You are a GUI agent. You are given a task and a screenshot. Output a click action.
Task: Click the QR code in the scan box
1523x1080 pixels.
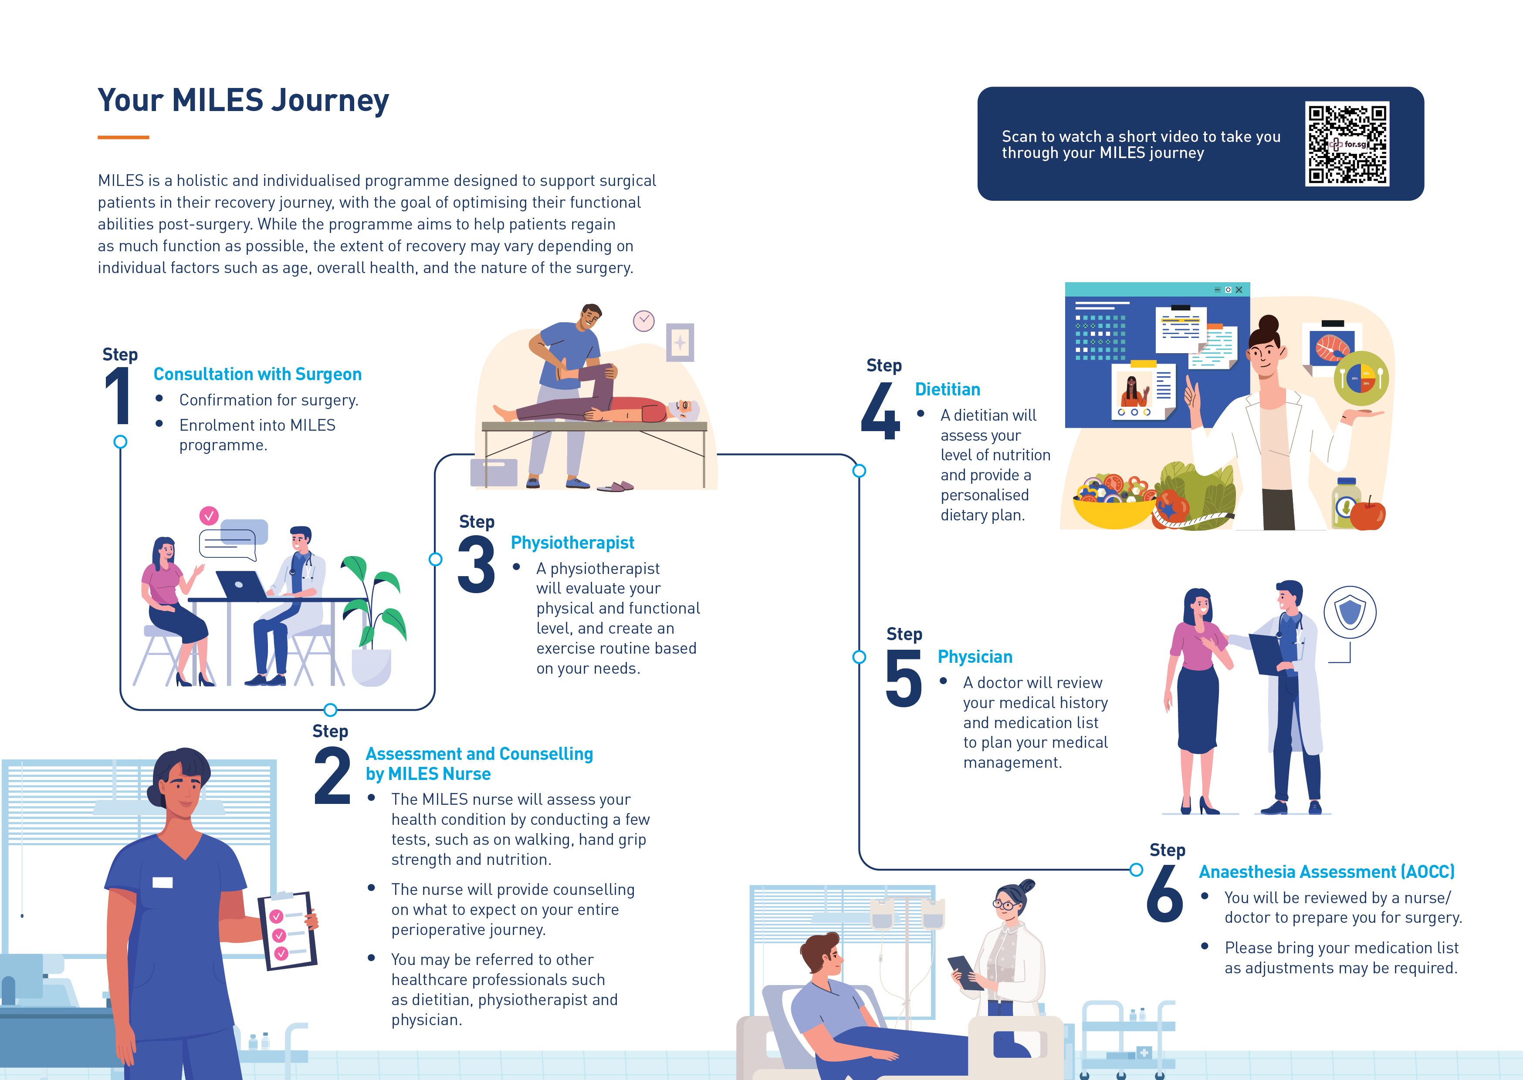click(1347, 144)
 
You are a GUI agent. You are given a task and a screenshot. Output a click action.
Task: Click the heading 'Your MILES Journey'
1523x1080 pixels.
click(244, 101)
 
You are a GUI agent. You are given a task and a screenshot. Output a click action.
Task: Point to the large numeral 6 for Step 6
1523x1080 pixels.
click(1164, 894)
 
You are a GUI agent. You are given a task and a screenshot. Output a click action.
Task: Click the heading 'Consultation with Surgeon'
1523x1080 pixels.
click(257, 375)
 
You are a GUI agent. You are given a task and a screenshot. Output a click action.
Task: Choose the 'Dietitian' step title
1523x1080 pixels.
click(947, 390)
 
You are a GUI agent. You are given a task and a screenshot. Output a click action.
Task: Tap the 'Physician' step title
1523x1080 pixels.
click(975, 657)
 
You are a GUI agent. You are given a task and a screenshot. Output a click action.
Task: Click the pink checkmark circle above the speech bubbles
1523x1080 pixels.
click(209, 515)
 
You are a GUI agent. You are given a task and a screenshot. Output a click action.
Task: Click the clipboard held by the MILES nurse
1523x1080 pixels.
click(287, 931)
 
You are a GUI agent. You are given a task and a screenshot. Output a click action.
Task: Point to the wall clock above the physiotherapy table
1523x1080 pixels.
click(643, 321)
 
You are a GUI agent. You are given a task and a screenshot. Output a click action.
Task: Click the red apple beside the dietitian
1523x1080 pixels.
click(1368, 515)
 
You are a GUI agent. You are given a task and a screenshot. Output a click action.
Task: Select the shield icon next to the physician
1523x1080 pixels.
click(1350, 612)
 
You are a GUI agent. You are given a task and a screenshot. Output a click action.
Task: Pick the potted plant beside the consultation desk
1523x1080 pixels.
click(372, 625)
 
